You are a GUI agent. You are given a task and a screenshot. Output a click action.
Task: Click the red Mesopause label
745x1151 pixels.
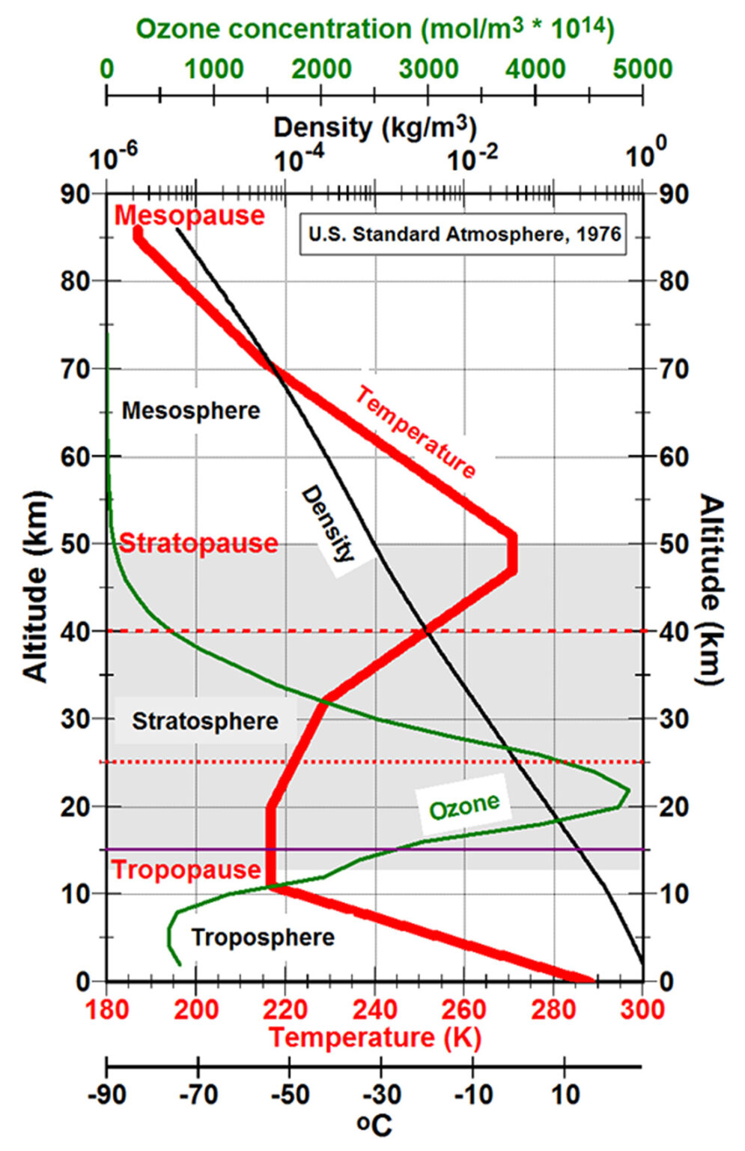click(189, 216)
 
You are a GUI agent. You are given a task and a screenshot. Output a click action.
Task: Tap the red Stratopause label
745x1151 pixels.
click(198, 543)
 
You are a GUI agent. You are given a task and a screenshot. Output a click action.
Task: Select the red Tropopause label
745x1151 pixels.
click(186, 870)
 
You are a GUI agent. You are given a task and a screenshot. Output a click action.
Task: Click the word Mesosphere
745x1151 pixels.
click(191, 411)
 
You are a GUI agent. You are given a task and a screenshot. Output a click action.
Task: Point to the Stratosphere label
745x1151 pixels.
click(204, 722)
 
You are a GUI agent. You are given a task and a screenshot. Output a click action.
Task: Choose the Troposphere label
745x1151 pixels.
click(262, 937)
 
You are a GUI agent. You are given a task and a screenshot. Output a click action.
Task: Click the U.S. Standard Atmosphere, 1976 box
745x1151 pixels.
click(463, 235)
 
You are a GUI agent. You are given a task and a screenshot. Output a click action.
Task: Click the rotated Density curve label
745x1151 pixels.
click(327, 525)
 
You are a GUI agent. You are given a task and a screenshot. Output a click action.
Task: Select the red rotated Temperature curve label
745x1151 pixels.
click(416, 432)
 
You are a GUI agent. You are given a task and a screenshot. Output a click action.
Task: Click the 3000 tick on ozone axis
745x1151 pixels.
click(428, 69)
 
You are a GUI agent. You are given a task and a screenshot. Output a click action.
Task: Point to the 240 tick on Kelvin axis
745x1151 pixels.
click(374, 1009)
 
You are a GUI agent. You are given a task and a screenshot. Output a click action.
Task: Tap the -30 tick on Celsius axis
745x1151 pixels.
click(382, 1095)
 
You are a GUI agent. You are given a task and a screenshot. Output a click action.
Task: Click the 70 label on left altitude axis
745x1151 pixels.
click(76, 369)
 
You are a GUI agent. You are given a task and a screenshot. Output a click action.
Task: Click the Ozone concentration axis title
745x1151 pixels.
click(374, 28)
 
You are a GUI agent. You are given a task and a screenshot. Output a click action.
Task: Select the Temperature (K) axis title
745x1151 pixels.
click(374, 1038)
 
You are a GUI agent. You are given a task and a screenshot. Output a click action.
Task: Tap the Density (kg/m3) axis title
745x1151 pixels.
click(374, 127)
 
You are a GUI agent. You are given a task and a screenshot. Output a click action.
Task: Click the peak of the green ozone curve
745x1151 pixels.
click(628, 790)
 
